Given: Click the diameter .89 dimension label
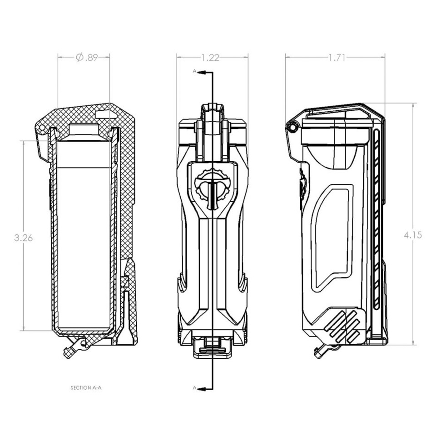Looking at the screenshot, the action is (87, 58).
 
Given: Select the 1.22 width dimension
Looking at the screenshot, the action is (210, 58).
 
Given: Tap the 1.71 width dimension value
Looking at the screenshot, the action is (337, 58).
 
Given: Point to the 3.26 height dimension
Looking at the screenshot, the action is (23, 238).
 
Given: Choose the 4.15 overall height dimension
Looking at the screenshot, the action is (413, 235).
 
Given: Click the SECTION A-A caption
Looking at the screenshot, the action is (86, 387).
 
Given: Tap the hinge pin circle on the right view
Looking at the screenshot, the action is (292, 128).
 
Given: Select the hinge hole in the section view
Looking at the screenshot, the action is (42, 128).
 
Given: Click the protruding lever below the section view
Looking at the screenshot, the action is (74, 349).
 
